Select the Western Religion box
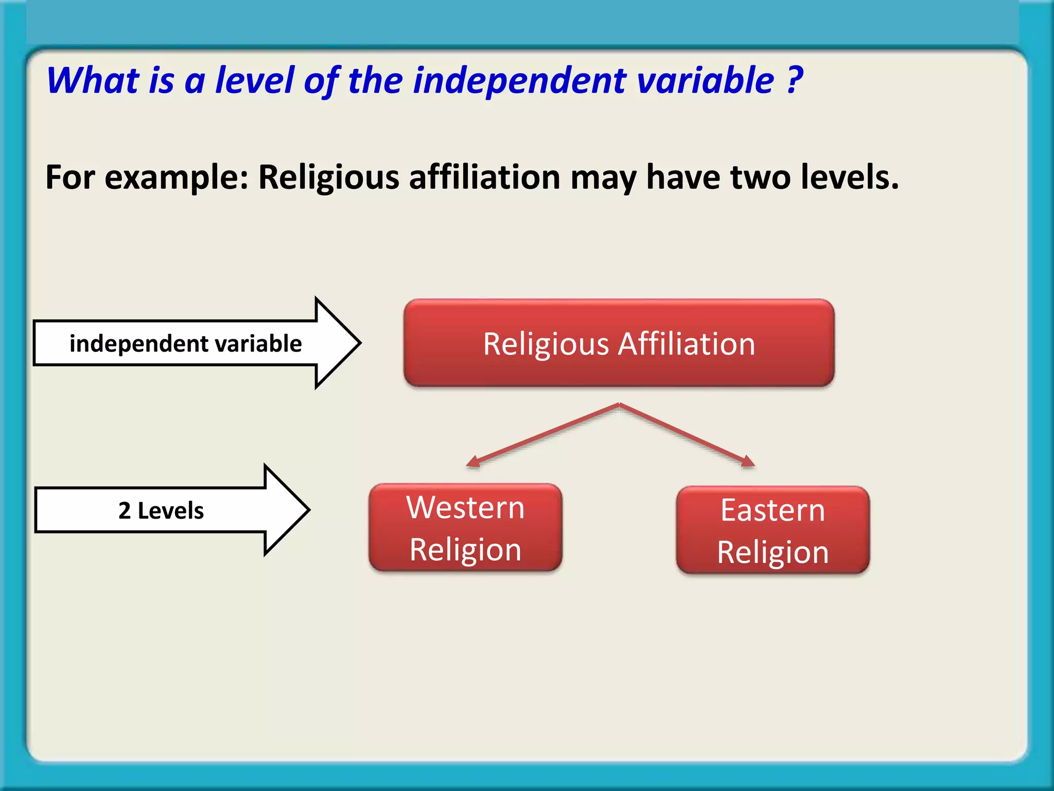(465, 527)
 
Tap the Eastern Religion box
(772, 530)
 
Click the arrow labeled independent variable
(196, 343)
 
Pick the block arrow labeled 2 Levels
(170, 510)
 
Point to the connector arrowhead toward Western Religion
(472, 462)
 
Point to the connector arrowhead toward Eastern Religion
(748, 461)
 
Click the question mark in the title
(795, 80)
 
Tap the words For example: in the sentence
(147, 178)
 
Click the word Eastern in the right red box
(772, 510)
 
